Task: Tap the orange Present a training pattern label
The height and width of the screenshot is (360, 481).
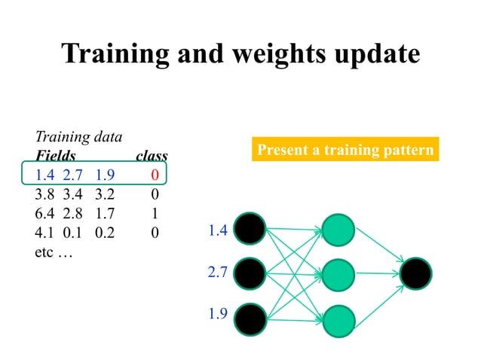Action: click(x=345, y=150)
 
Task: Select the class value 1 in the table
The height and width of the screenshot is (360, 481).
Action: click(x=154, y=214)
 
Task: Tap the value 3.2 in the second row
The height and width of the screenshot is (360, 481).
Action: click(x=106, y=195)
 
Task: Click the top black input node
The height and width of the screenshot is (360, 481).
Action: click(x=250, y=229)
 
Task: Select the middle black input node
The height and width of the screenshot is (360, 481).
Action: click(x=250, y=274)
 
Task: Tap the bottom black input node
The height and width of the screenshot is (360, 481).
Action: click(x=250, y=319)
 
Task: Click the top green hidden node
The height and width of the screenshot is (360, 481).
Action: click(x=338, y=229)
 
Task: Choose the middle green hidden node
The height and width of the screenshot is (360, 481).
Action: click(x=338, y=274)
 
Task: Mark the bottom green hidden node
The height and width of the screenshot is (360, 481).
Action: click(x=338, y=319)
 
